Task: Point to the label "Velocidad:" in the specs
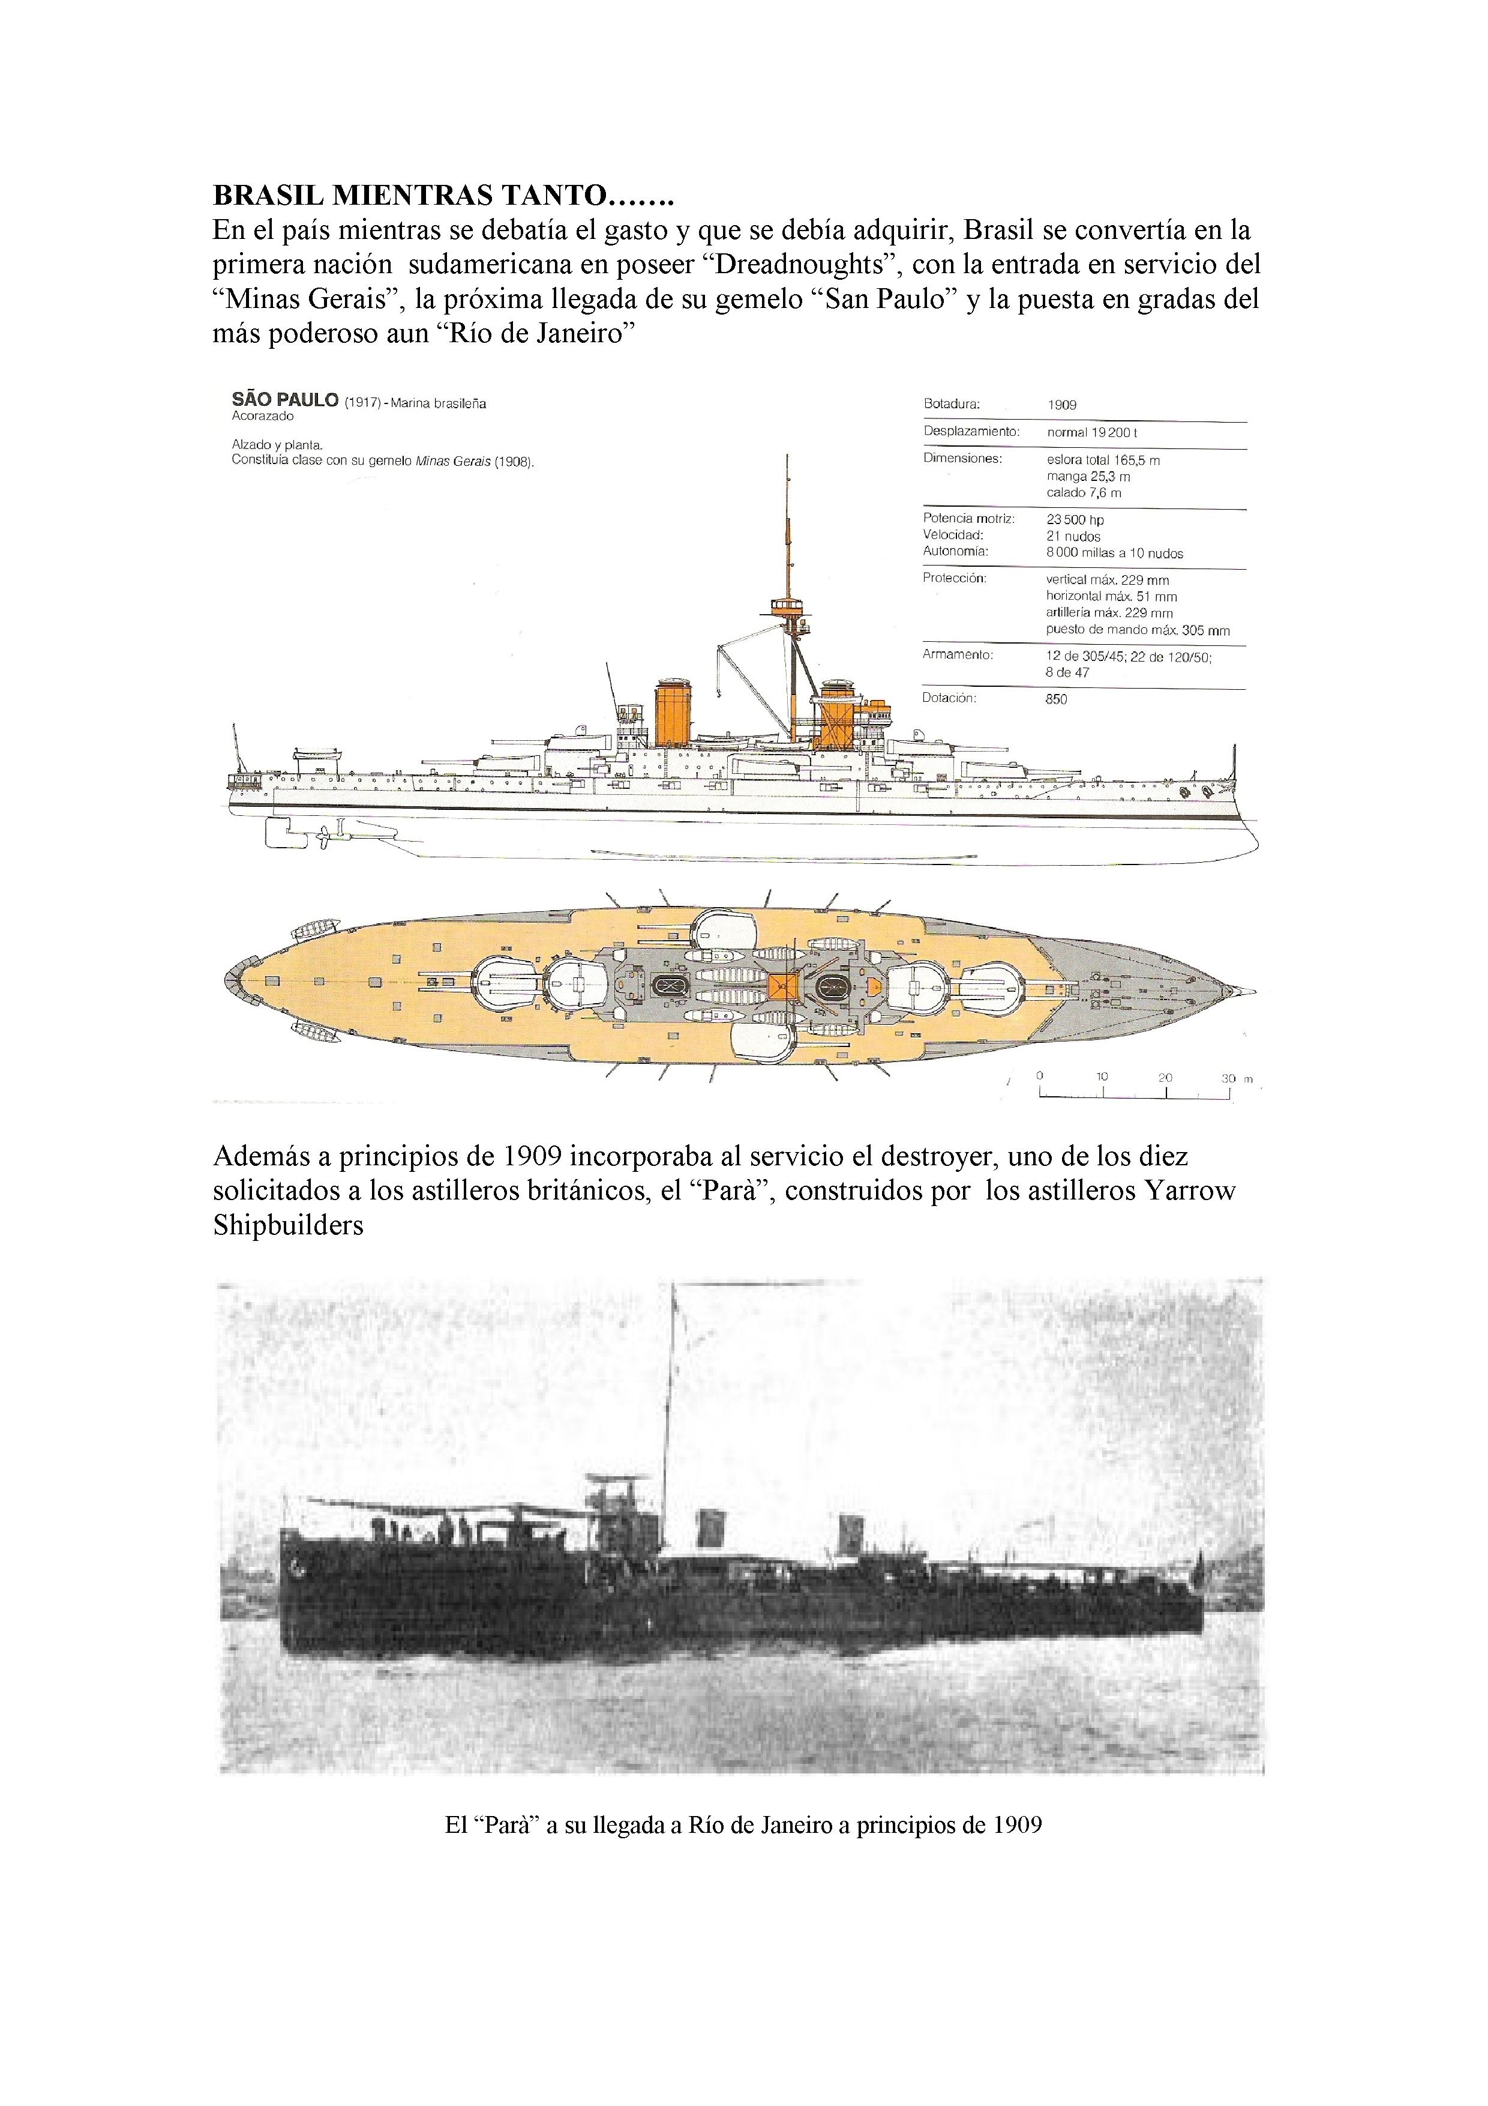click(x=953, y=535)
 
